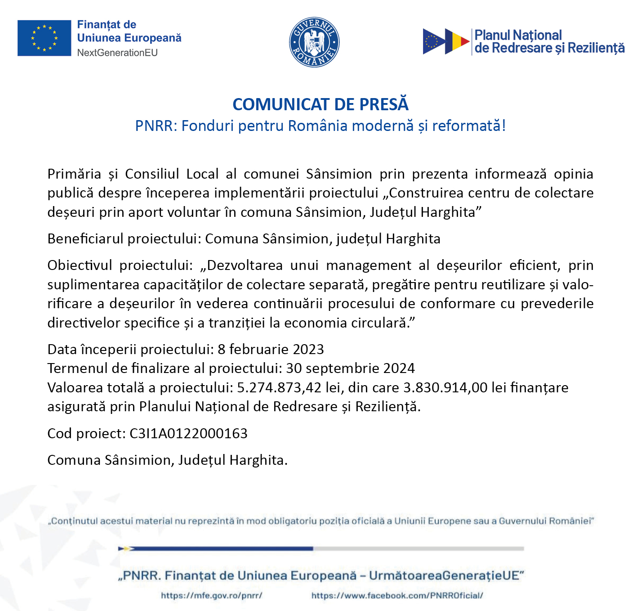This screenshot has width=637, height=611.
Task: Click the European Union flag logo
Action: click(x=44, y=38)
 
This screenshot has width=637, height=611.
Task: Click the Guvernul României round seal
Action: click(x=314, y=43)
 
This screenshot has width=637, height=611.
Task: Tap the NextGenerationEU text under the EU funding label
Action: click(x=117, y=53)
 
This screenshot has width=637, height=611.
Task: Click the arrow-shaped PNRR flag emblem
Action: click(x=446, y=41)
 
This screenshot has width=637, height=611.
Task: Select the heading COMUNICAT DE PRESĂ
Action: click(x=320, y=104)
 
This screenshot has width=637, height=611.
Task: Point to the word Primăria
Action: click(x=74, y=174)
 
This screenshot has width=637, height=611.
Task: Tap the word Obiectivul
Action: click(x=80, y=265)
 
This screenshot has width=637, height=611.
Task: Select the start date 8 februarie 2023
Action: click(x=271, y=349)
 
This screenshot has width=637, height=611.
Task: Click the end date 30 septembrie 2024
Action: click(x=350, y=368)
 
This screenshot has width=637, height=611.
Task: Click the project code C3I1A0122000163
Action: click(x=188, y=433)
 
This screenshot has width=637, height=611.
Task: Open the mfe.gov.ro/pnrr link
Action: click(x=211, y=595)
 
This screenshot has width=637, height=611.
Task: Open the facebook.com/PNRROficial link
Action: click(x=397, y=595)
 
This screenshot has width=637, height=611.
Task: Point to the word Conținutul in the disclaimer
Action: click(x=74, y=521)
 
